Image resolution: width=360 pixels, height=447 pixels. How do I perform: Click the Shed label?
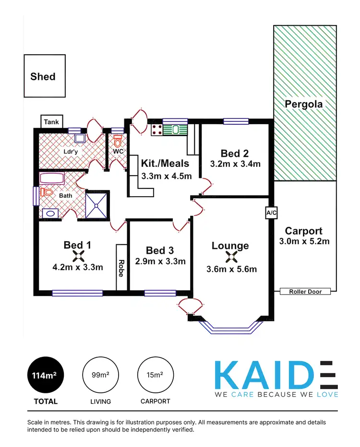click(43, 76)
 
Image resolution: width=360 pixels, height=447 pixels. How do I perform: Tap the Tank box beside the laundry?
click(51, 122)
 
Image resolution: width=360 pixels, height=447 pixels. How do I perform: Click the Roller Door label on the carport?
click(305, 291)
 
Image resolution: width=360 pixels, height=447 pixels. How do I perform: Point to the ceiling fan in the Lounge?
click(230, 258)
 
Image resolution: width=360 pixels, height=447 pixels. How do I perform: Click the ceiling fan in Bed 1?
click(77, 256)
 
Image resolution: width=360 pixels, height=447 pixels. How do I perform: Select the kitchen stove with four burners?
click(156, 129)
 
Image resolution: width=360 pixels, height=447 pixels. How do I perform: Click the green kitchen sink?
click(175, 129)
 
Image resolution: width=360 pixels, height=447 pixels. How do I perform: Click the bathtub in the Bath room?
click(52, 179)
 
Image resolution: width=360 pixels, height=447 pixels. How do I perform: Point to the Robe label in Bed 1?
click(121, 267)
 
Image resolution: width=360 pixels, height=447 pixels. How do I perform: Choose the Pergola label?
click(303, 104)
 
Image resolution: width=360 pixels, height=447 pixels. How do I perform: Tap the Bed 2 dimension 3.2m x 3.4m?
click(235, 164)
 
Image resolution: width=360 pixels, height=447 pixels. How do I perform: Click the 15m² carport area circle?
click(156, 375)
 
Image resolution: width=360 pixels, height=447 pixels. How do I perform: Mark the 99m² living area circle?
click(101, 375)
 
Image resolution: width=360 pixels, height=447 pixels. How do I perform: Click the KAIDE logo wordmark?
click(276, 375)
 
